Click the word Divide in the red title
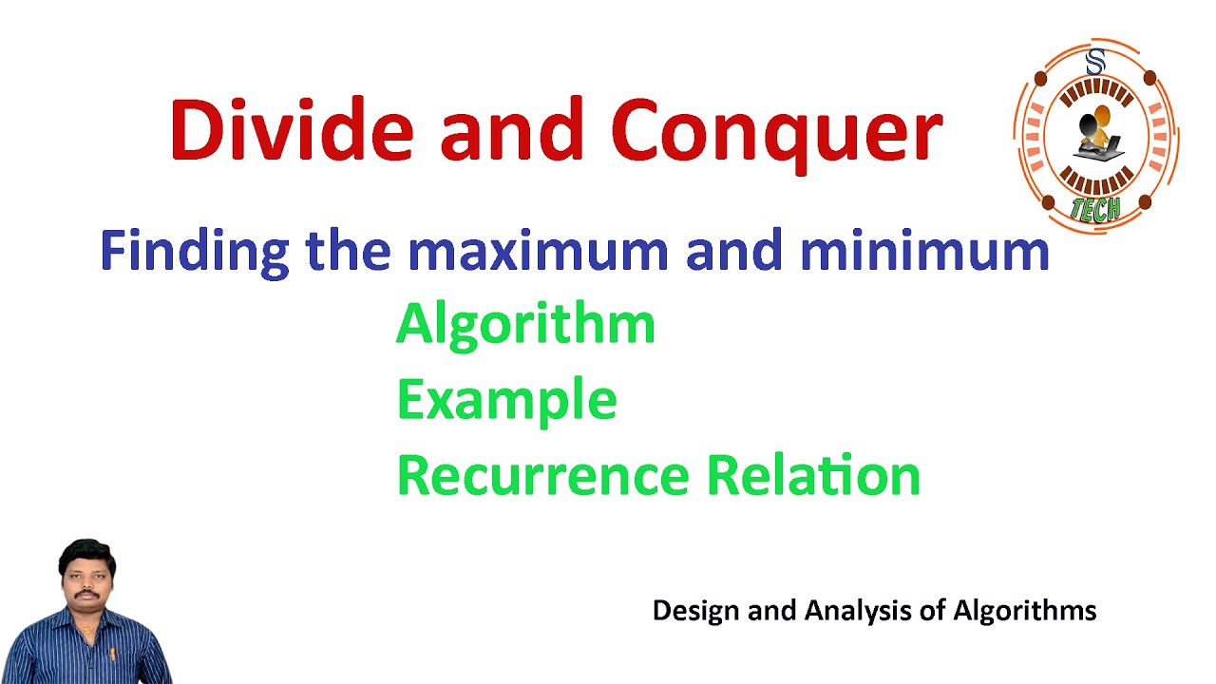coord(291,130)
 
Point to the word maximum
coord(539,251)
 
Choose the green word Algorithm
coord(525,325)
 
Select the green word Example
coord(506,400)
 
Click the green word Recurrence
coord(542,475)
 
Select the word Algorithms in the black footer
coord(1025,611)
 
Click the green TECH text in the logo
coord(1095,208)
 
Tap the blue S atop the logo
coord(1095,64)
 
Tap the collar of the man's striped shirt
coord(85,622)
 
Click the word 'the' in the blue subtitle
coord(349,251)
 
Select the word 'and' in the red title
coord(511,130)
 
